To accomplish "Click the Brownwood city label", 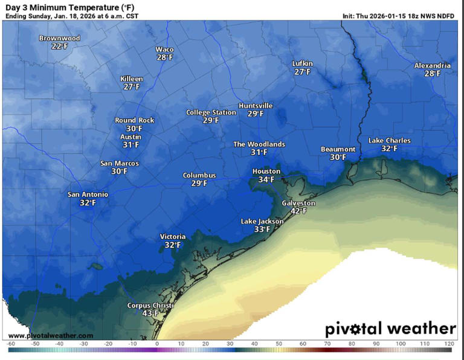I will tap(59, 38).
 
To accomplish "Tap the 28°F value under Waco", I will tap(164, 57).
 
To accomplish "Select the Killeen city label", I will tap(132, 79).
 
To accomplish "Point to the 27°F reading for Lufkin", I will tap(302, 72).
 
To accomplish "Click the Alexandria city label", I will tap(432, 65).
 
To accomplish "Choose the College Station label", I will tap(211, 112).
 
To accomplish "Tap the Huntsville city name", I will tap(256, 106).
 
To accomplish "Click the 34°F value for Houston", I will tap(266, 179).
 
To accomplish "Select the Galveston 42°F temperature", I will tap(298, 211).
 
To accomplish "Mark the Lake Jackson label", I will tap(262, 221).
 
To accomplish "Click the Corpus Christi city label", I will tap(147, 306).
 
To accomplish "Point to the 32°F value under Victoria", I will tap(173, 245).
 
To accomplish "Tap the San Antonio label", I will tap(88, 194).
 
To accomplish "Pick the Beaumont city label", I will tap(338, 149).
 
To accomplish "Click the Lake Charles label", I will tap(389, 141).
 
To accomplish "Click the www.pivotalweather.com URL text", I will tap(51, 335).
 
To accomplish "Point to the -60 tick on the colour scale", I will tap(10, 343).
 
